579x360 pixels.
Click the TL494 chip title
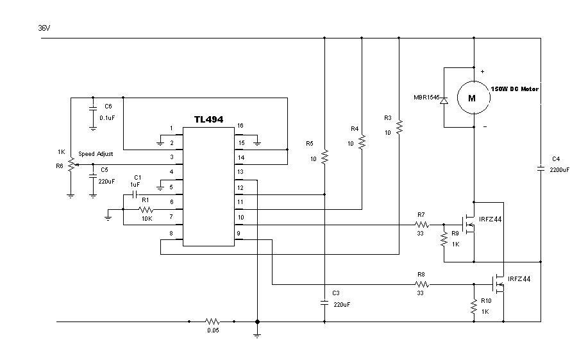tap(208, 119)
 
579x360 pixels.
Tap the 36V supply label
tap(44, 28)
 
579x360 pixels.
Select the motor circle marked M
tap(474, 98)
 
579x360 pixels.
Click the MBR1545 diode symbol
tap(444, 100)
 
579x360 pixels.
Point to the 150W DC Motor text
tap(514, 89)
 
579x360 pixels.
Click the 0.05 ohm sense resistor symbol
tap(212, 321)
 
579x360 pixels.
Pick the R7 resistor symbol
tap(422, 225)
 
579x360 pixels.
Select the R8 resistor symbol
tap(422, 284)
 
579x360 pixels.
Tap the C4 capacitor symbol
tap(541, 169)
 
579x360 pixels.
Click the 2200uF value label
tap(559, 170)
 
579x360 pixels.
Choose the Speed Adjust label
tap(96, 154)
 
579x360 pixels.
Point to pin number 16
tap(240, 126)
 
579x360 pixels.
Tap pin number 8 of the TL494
tap(171, 233)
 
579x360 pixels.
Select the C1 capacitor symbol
tap(135, 194)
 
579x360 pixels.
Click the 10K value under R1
tap(147, 218)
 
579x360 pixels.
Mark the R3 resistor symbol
tap(399, 127)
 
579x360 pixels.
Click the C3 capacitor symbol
tap(324, 303)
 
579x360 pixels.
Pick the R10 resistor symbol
tap(474, 307)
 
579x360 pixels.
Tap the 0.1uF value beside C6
tap(107, 118)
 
